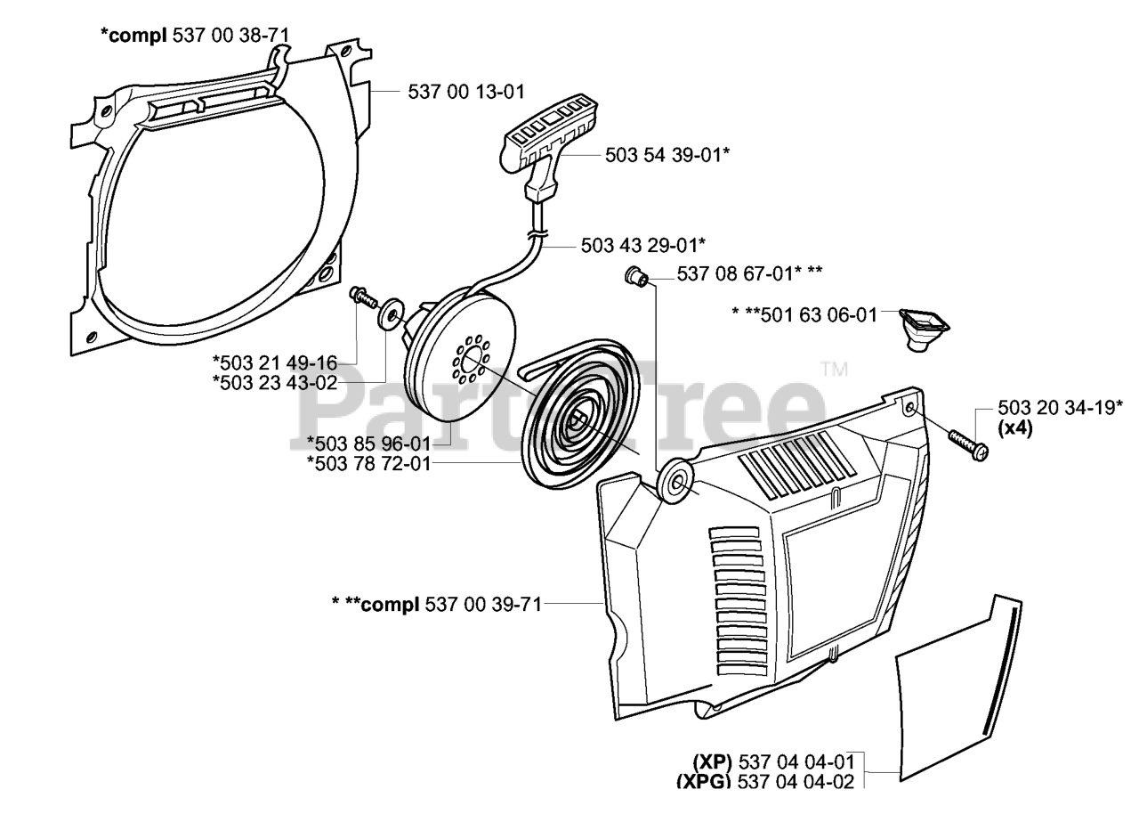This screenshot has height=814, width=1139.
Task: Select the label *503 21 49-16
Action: tap(275, 362)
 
